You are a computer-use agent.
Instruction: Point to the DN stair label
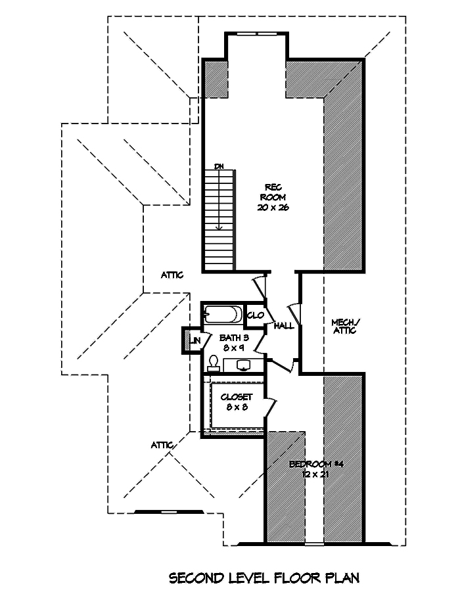[219, 167]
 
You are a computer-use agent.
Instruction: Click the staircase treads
[219, 217]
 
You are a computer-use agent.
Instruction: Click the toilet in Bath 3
[214, 363]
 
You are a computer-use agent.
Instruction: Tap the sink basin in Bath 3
[243, 365]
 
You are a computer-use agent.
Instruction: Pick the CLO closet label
[255, 315]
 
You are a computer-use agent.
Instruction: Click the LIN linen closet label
[196, 340]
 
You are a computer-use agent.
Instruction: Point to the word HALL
[284, 326]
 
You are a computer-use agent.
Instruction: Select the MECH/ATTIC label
[344, 326]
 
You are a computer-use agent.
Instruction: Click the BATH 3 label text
[233, 338]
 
